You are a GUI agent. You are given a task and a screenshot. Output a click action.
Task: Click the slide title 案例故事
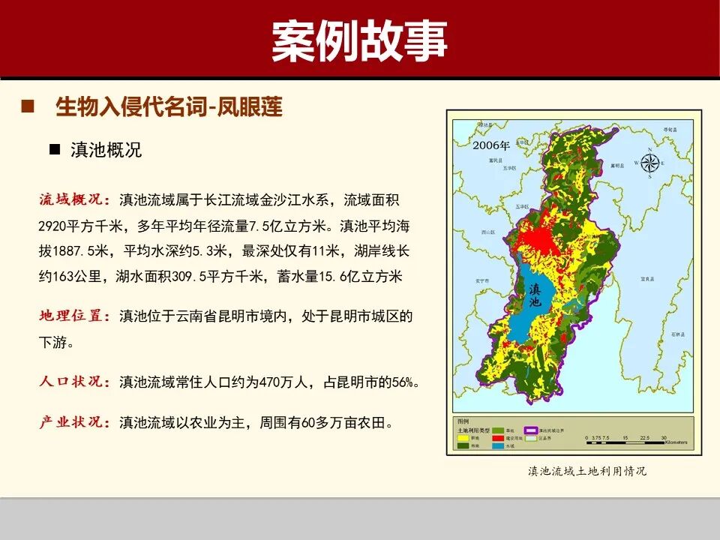click(359, 40)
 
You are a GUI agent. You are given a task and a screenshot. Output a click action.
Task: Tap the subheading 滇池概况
click(106, 149)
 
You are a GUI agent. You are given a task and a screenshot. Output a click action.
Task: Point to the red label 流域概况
click(74, 199)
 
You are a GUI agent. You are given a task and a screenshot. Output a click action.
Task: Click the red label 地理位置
click(74, 316)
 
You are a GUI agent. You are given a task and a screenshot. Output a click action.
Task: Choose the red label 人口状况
click(74, 381)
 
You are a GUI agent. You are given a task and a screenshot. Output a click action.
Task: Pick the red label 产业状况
click(74, 422)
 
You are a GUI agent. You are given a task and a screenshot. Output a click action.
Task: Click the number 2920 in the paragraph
click(52, 226)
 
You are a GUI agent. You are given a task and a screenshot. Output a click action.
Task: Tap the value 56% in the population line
click(405, 382)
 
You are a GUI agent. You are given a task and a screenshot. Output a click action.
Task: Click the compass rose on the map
click(650, 162)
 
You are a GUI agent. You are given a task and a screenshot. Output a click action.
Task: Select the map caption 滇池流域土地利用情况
click(586, 471)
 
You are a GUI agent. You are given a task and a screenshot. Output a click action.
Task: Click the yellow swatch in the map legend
click(463, 437)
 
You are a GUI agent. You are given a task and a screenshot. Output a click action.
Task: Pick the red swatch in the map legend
click(497, 437)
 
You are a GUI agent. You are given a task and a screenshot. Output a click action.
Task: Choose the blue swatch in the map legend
click(497, 445)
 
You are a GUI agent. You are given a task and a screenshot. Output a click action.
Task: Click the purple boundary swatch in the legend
click(532, 430)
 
